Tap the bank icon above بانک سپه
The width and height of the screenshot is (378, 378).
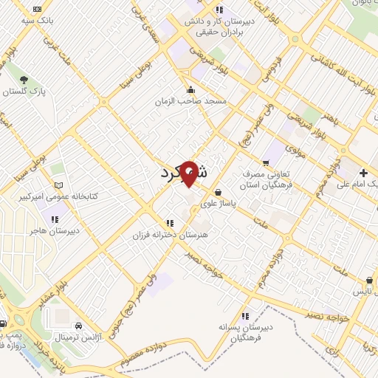(37, 9)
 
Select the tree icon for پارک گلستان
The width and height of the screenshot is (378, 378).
(24, 79)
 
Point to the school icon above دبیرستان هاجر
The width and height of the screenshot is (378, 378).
(54, 218)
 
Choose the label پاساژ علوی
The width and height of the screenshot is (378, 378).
(242, 207)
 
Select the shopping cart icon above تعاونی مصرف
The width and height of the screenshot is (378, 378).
(267, 162)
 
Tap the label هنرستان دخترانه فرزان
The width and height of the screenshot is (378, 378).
(167, 234)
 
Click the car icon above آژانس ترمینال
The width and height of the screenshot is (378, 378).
(78, 326)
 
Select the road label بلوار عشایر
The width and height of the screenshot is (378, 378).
(53, 294)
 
